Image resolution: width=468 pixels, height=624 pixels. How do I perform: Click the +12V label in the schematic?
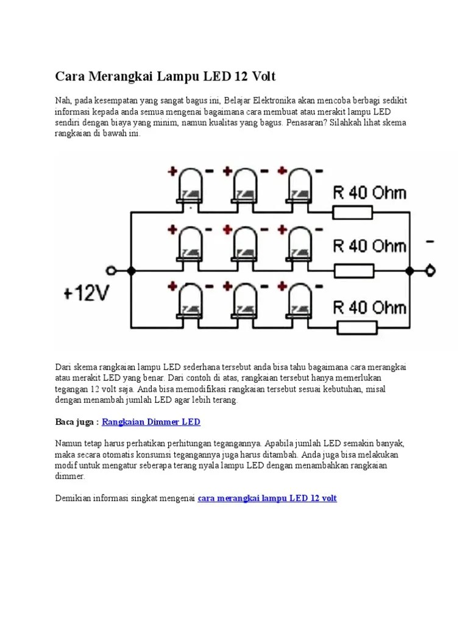pyautogui.click(x=85, y=295)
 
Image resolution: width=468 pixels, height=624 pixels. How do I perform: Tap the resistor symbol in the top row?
pyautogui.click(x=353, y=212)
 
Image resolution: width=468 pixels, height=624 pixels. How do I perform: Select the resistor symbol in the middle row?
pyautogui.click(x=353, y=270)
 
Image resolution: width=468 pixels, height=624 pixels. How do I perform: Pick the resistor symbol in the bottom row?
pyautogui.click(x=353, y=328)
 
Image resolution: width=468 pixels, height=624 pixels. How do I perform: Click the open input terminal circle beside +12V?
pyautogui.click(x=111, y=270)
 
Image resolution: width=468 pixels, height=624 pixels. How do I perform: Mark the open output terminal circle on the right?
pyautogui.click(x=431, y=270)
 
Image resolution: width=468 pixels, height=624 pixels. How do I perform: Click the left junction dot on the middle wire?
pyautogui.click(x=130, y=270)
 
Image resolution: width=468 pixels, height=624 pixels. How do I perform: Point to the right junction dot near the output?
pyautogui.click(x=409, y=270)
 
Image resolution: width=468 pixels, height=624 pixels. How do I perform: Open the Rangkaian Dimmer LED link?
pyautogui.click(x=151, y=422)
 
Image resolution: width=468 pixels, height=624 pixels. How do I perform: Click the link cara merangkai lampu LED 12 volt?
pyautogui.click(x=268, y=498)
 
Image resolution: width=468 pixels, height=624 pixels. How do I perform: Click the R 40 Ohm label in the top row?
pyautogui.click(x=369, y=193)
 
